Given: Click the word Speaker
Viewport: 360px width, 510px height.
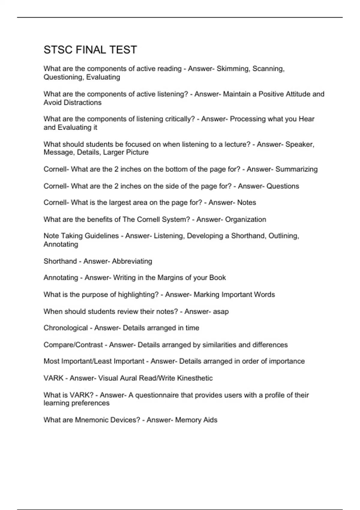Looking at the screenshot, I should click(x=299, y=144).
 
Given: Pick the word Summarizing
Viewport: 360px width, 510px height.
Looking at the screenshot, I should click(x=296, y=169).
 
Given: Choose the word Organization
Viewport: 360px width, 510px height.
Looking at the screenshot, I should click(x=245, y=219).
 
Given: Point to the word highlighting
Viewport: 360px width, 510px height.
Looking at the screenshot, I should click(x=138, y=295).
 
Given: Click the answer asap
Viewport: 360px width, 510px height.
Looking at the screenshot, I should click(x=221, y=312).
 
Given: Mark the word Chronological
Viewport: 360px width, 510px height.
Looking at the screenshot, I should click(x=66, y=328).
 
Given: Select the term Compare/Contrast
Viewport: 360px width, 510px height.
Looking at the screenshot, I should click(x=73, y=345).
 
